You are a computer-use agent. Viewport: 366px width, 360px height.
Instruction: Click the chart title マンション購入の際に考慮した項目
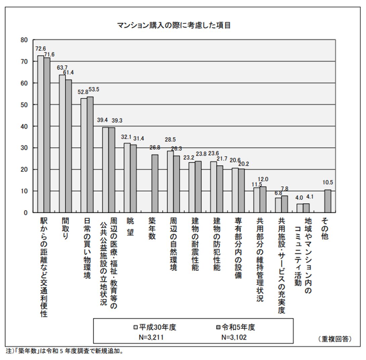[x=174, y=26]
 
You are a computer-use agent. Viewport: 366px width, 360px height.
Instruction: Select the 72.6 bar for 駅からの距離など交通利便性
[x=40, y=134]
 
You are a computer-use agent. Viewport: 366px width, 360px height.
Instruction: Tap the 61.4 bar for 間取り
[x=68, y=146]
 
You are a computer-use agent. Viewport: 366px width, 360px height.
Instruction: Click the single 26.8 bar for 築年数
[x=155, y=183]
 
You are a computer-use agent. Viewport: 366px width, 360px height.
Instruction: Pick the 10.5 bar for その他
[x=328, y=201]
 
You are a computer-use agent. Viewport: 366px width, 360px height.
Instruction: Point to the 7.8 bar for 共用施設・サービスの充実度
[x=285, y=204]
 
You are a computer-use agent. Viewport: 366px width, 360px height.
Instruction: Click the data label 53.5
[x=94, y=90]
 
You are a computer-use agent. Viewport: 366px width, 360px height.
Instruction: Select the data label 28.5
[x=170, y=139]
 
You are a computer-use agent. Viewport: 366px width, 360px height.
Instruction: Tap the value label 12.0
[x=263, y=179]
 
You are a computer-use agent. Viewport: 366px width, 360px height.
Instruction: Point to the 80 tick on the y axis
[x=24, y=40]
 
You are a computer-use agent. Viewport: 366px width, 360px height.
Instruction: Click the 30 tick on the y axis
[x=24, y=148]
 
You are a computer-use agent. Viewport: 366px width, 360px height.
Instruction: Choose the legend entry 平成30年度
[x=155, y=327]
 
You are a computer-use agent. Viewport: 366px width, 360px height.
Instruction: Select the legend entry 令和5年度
[x=235, y=327]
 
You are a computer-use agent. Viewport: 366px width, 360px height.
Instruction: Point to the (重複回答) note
[x=334, y=339]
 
